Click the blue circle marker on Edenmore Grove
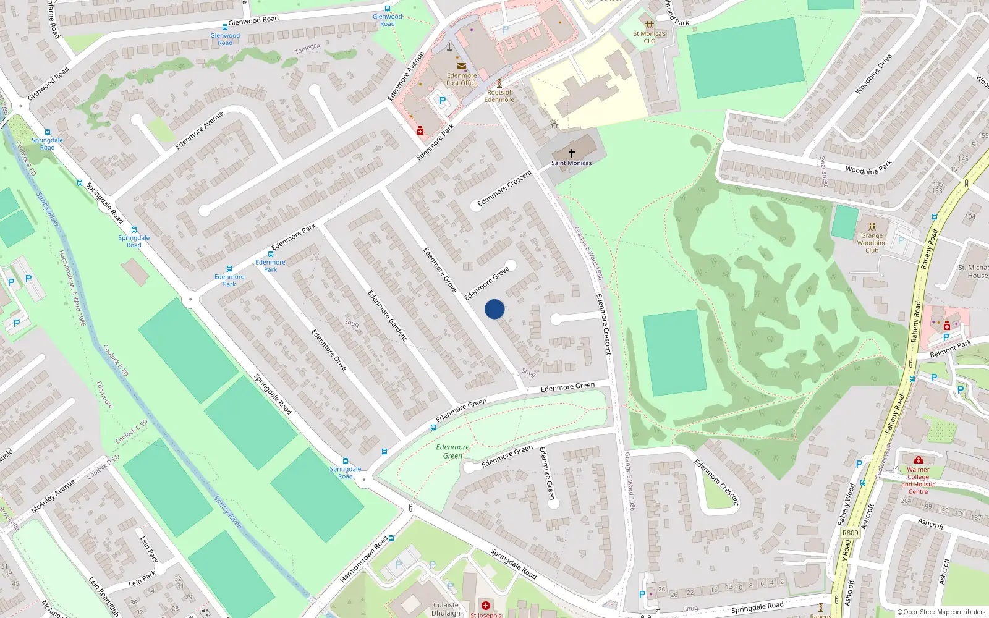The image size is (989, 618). (494, 309)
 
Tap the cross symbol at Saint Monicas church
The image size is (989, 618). (572, 153)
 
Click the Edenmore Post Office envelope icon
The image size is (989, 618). (462, 66)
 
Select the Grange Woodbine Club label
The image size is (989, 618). (872, 243)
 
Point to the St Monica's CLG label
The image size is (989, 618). (649, 37)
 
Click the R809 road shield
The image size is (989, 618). (851, 532)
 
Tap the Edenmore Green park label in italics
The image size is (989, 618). (452, 451)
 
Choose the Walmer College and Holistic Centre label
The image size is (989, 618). (918, 480)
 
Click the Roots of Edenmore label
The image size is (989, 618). (499, 96)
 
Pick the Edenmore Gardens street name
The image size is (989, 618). (388, 316)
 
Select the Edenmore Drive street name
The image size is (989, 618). (329, 350)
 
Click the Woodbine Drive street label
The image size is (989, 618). (873, 74)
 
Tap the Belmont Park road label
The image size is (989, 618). (951, 349)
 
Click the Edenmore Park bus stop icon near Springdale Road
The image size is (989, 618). (229, 269)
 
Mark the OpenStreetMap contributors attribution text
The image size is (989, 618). (941, 612)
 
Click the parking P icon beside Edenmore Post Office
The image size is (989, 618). (443, 101)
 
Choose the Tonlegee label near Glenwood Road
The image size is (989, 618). (307, 48)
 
